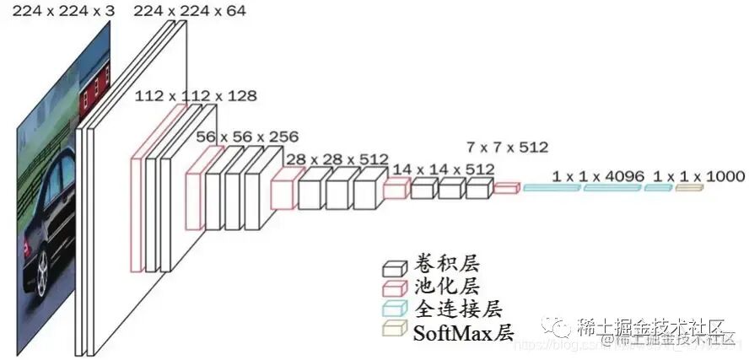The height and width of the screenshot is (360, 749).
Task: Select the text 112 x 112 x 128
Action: click(x=196, y=95)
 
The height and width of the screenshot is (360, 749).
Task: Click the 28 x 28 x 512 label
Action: click(x=337, y=159)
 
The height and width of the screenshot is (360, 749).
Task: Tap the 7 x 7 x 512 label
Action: click(x=507, y=147)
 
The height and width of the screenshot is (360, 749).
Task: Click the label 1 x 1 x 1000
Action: click(x=699, y=175)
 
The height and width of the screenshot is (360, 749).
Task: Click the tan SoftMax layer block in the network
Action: click(x=688, y=188)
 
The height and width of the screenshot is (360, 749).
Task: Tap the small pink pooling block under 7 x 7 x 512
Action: click(x=505, y=188)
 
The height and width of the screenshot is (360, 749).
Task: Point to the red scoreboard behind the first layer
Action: click(x=94, y=90)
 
